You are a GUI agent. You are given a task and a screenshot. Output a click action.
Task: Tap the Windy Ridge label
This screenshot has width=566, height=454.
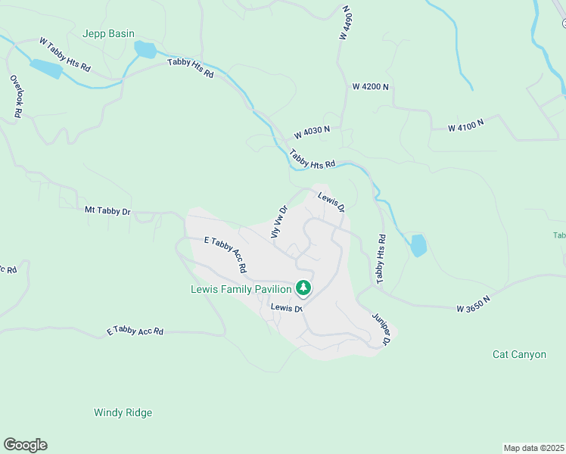(x=123, y=412)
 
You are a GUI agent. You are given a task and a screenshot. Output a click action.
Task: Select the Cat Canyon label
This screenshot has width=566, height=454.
(x=519, y=354)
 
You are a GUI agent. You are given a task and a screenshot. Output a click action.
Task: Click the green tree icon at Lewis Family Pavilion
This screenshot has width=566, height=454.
(x=303, y=288)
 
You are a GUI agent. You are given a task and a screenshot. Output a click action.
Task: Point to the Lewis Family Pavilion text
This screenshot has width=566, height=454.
(x=241, y=289)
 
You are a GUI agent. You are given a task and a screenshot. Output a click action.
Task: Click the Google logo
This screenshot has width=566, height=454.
(x=25, y=445)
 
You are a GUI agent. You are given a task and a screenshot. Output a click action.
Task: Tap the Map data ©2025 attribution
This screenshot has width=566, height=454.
(x=533, y=448)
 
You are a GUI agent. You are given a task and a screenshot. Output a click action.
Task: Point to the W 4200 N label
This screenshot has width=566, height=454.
(x=370, y=87)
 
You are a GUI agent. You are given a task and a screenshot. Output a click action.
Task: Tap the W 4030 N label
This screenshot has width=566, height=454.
(x=313, y=132)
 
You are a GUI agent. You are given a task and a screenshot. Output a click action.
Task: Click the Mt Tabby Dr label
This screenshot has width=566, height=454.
(x=107, y=211)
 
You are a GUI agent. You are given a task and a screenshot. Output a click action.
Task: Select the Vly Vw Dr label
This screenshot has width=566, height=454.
(x=279, y=222)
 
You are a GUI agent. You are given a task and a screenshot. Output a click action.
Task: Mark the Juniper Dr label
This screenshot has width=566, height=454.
(x=380, y=330)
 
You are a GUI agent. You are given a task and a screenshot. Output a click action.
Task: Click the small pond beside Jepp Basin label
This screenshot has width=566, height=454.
(x=145, y=51)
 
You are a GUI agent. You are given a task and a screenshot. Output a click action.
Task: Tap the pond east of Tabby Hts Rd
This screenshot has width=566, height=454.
(x=418, y=245)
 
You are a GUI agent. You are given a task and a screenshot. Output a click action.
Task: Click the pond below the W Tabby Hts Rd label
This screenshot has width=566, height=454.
(x=46, y=69)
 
